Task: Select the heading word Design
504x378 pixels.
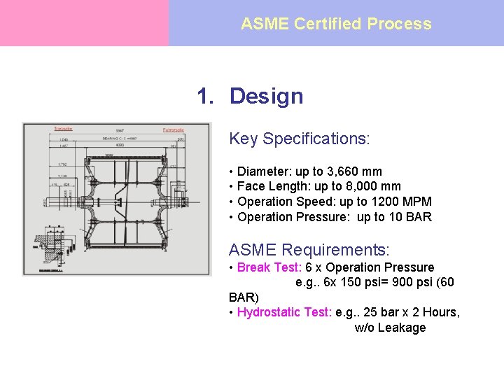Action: point(266,96)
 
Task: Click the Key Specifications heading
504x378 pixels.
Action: point(299,139)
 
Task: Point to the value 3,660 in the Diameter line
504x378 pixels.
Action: point(344,171)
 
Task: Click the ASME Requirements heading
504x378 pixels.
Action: point(309,250)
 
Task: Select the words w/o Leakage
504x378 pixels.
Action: point(390,328)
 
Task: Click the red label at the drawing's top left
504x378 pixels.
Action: point(63,129)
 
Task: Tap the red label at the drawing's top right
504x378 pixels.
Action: point(173,129)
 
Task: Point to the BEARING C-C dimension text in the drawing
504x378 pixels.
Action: point(120,140)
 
